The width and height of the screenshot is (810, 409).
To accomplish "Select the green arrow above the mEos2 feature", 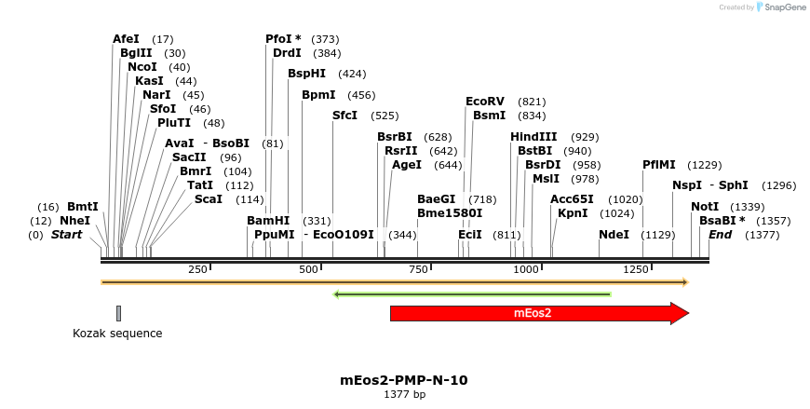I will pos(472,294).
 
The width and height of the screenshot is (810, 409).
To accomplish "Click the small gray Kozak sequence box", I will pos(118,313).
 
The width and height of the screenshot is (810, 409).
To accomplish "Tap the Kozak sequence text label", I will pos(117,334).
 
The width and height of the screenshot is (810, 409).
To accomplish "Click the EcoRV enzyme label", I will pos(484,102).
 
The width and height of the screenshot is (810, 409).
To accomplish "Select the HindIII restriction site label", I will pos(533,137).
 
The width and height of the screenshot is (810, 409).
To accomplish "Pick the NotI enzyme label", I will pos(705,207).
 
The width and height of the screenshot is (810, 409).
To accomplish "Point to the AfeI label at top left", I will pos(126,39).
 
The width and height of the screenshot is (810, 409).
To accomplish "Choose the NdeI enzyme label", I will pos(614,235).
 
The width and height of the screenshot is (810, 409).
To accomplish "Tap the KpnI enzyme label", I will pos(573,213).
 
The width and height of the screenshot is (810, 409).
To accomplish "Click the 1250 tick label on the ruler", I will pos(636,269).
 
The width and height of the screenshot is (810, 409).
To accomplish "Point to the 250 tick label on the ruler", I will pos(197,269).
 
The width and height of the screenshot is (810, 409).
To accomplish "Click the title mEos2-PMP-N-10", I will pos(404,380).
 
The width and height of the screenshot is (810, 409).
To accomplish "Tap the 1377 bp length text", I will pos(404,395).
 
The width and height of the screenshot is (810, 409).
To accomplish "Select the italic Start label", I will pos(66,235).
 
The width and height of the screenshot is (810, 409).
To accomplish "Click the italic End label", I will pos(720,235).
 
